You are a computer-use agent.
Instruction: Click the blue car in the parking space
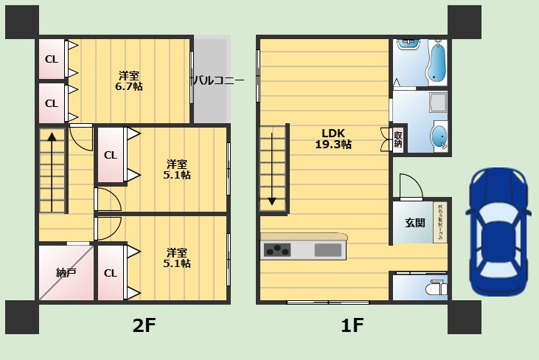pos(495,232)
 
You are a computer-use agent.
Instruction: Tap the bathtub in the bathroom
pos(437,62)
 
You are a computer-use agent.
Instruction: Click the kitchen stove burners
pos(277,250)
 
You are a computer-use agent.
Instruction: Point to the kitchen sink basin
pos(328,250)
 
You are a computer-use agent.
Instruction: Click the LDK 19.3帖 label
pos(333,139)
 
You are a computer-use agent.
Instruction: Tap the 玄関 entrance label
pos(415,223)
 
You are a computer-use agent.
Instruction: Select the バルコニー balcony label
pos(219,80)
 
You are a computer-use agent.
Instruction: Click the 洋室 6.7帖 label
pos(129,81)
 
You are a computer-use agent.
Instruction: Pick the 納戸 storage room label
pos(66,273)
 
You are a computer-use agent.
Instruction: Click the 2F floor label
pos(145,325)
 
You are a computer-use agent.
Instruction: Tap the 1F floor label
pos(352,325)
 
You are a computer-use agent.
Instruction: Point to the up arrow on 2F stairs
pos(52,172)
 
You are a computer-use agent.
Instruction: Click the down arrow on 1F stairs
pos(272,169)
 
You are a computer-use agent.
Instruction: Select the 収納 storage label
pos(398,139)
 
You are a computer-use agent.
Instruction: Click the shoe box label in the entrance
pos(440,222)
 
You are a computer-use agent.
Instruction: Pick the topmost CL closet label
pos(52,60)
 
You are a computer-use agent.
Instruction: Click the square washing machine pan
pos(438,103)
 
